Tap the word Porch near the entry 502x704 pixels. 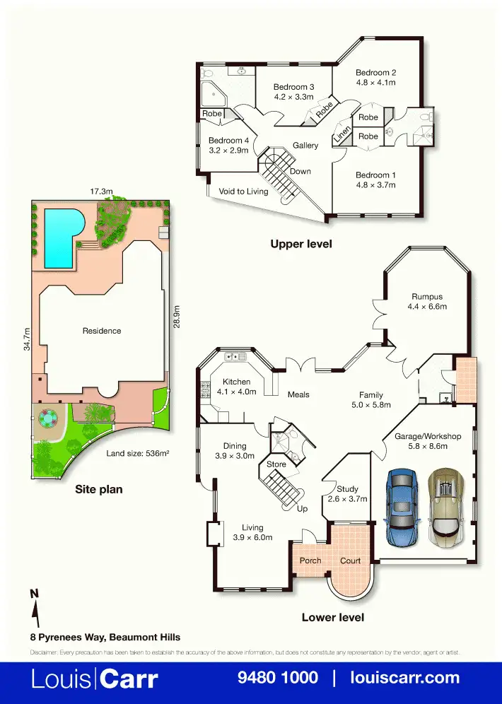pyautogui.click(x=310, y=561)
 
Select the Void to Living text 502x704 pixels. pyautogui.click(x=243, y=191)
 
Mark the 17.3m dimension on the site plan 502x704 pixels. pyautogui.click(x=101, y=192)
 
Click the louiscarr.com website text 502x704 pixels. pyautogui.click(x=405, y=678)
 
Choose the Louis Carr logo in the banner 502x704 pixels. pyautogui.click(x=94, y=679)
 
